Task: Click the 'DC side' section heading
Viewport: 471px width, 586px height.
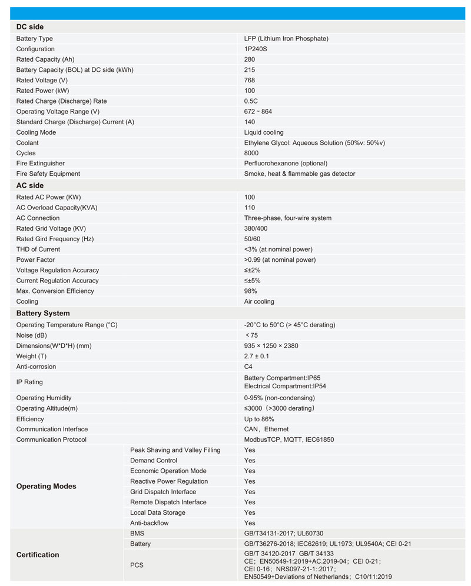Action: tap(30, 27)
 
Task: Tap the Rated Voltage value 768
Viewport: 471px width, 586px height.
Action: tap(250, 80)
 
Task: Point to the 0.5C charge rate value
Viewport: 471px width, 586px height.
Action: tap(251, 101)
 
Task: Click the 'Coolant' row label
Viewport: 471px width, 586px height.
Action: tap(27, 143)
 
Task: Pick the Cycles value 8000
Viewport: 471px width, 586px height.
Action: tap(251, 153)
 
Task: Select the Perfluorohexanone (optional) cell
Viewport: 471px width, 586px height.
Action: tap(286, 164)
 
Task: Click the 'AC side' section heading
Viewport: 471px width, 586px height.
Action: tap(30, 186)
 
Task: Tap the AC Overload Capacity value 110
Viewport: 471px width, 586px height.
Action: tap(250, 208)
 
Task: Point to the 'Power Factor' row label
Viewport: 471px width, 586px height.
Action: tap(35, 260)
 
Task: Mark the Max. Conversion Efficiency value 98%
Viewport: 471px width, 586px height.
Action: tap(251, 291)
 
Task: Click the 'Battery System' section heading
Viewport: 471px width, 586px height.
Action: tap(43, 314)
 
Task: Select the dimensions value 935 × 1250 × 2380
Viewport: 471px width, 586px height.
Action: tap(271, 346)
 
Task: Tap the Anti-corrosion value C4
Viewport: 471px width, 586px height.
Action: tap(248, 367)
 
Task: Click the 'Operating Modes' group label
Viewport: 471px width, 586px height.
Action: tap(46, 487)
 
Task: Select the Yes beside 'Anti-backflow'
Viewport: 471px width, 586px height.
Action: tap(250, 523)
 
